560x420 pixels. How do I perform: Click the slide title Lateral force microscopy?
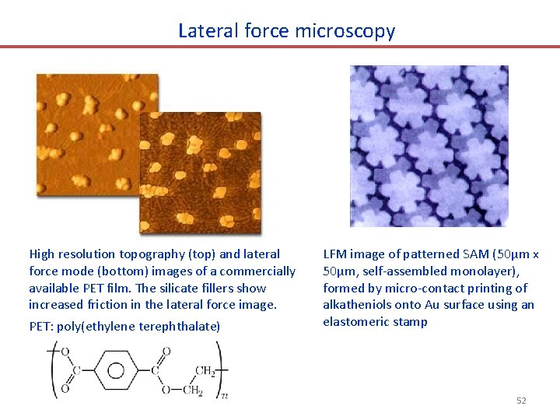[286, 30]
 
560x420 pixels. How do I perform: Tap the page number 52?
[521, 401]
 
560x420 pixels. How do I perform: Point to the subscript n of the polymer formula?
[224, 396]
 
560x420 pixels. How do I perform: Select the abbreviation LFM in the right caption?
[334, 254]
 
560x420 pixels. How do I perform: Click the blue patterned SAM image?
[429, 146]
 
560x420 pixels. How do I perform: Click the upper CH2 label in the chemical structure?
[205, 370]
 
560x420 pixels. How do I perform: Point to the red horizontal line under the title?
[280, 47]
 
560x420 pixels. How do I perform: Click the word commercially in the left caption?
[260, 271]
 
